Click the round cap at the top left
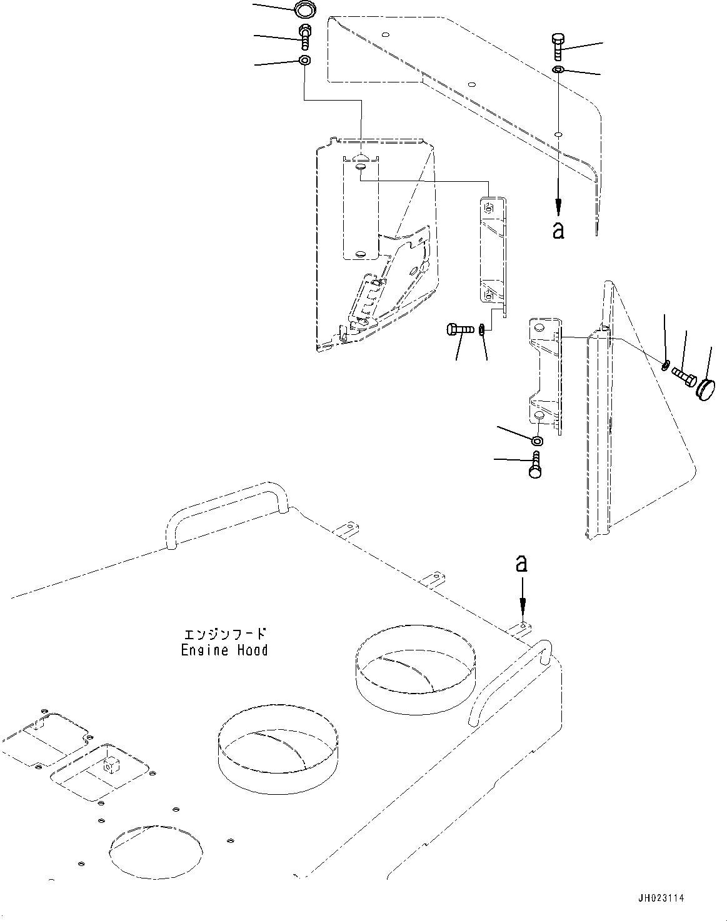[x=304, y=10]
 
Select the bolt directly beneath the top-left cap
[x=305, y=37]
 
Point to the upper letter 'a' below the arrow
[x=558, y=229]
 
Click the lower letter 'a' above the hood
[x=521, y=564]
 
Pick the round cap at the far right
[x=706, y=388]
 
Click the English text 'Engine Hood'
[x=224, y=650]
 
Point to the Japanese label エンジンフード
[x=224, y=634]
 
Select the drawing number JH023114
[x=661, y=898]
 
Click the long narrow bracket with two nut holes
[x=491, y=250]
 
